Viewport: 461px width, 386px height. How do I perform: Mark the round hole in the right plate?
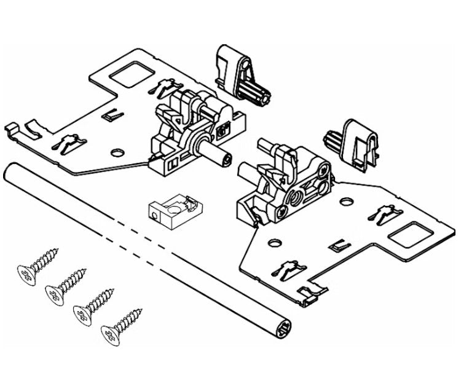(347, 200)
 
